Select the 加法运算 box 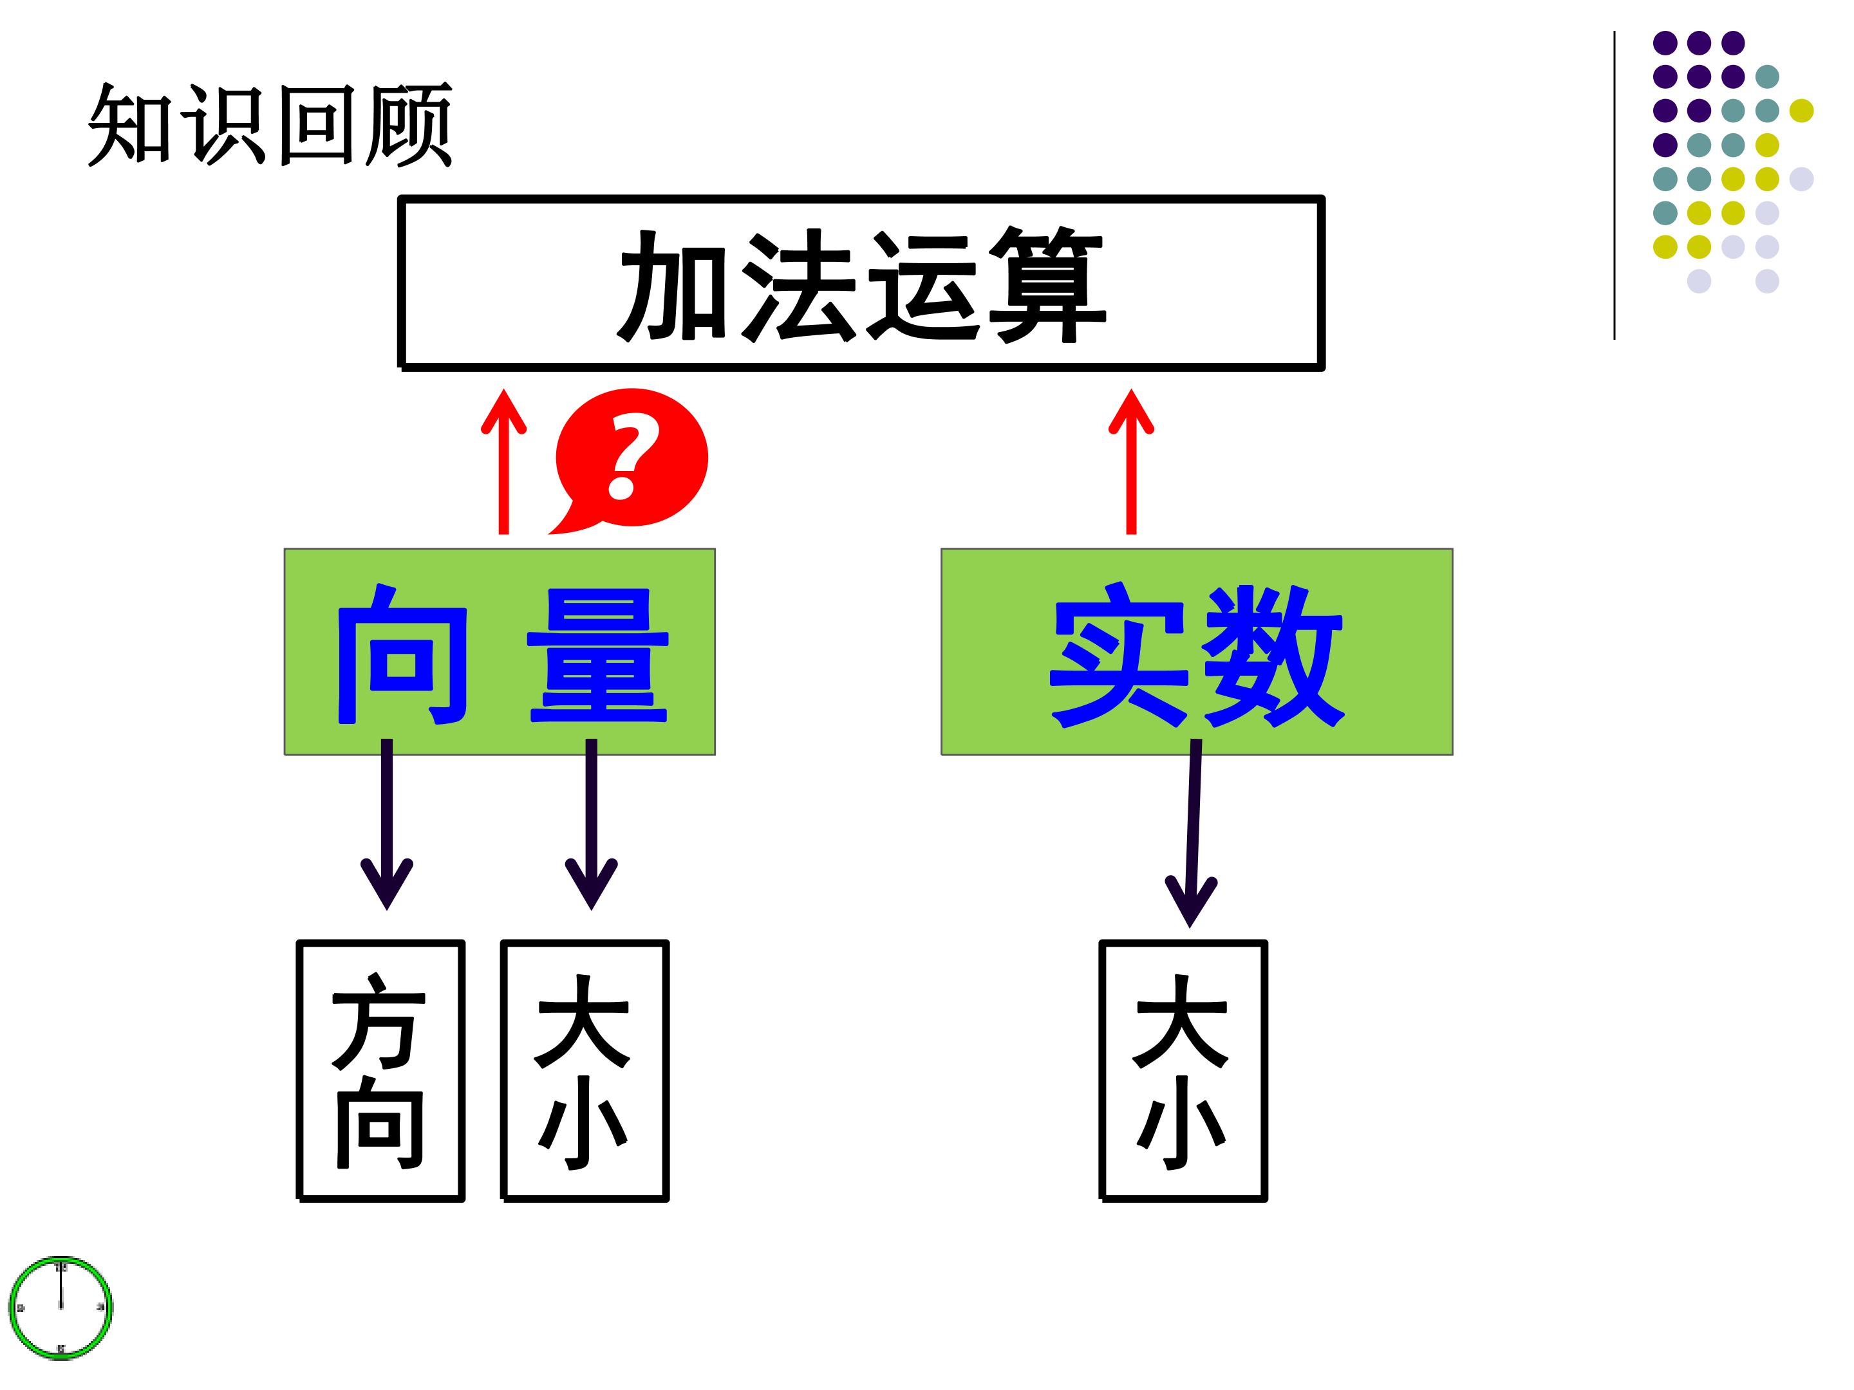point(861,283)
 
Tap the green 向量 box point(500,652)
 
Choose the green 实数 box point(1197,652)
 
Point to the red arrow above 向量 point(503,461)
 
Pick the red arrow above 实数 point(1132,461)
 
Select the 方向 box point(380,1071)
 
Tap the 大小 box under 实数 point(1183,1071)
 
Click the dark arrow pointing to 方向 point(386,824)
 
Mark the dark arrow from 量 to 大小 point(592,824)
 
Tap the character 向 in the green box point(402,654)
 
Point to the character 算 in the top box point(1047,285)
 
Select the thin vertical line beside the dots point(1615,185)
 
